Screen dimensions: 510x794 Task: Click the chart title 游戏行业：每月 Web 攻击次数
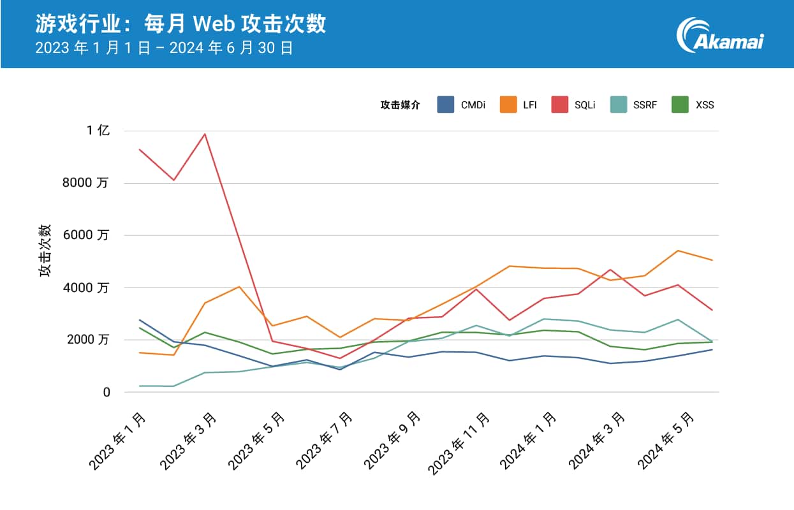point(180,24)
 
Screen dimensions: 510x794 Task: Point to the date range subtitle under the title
point(164,48)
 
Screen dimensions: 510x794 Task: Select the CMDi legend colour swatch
point(446,105)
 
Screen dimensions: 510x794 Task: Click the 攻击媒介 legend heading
point(401,105)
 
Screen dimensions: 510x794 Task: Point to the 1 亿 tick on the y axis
point(99,131)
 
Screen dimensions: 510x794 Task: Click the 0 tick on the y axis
point(107,392)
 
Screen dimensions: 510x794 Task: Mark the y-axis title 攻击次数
point(45,251)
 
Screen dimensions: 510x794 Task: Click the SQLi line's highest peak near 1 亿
point(204,134)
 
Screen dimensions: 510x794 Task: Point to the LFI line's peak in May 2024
point(678,251)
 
